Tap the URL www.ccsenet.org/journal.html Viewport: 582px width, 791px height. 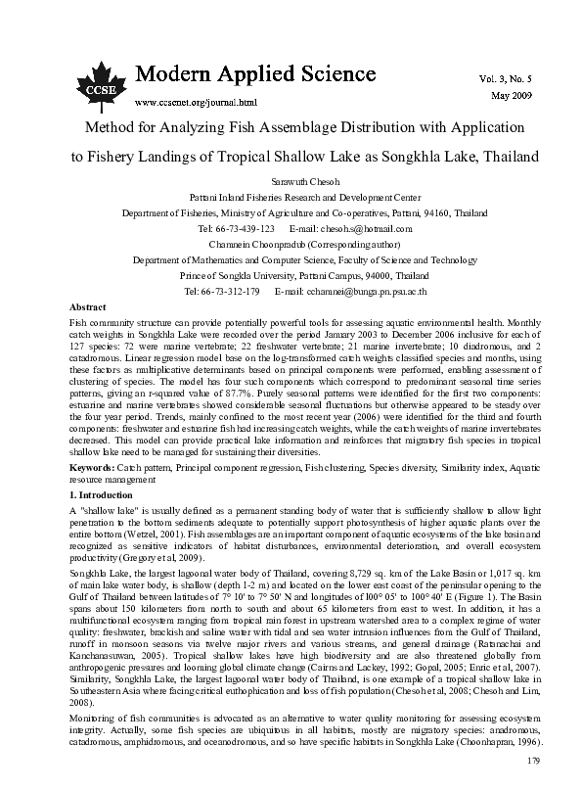[x=195, y=101]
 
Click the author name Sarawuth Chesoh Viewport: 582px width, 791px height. [x=291, y=182]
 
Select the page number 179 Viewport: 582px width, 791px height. [x=534, y=760]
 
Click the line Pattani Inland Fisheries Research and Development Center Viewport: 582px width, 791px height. [x=291, y=197]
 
